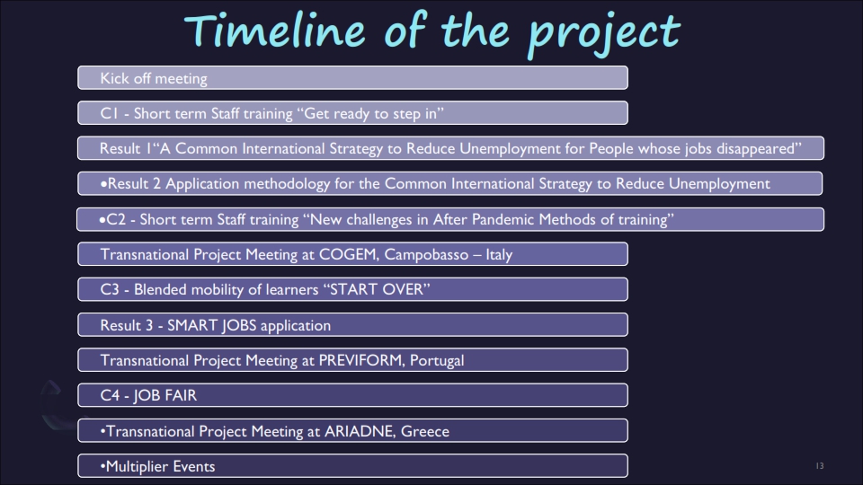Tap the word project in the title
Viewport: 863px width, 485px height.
[x=604, y=34]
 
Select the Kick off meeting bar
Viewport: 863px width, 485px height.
[x=352, y=77]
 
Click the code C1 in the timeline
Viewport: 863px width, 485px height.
[x=109, y=113]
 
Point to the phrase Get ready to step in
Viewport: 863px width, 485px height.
[x=374, y=114]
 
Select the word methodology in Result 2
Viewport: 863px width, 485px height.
[x=287, y=183]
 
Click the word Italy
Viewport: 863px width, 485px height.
[x=499, y=254]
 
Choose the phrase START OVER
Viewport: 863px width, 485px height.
[x=379, y=289]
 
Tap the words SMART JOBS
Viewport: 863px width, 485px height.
[x=212, y=325]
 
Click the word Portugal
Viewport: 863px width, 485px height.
[x=437, y=361]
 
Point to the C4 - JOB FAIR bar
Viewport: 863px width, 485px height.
[x=352, y=395]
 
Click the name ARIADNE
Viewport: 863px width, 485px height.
[x=360, y=431]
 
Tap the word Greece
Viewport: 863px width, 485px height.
[x=425, y=431]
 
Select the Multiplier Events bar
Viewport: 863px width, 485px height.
[x=352, y=466]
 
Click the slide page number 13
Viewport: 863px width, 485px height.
[x=820, y=466]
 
